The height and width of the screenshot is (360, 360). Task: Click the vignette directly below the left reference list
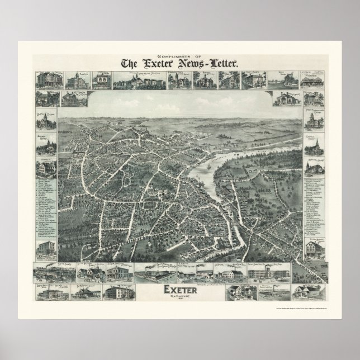47,249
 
